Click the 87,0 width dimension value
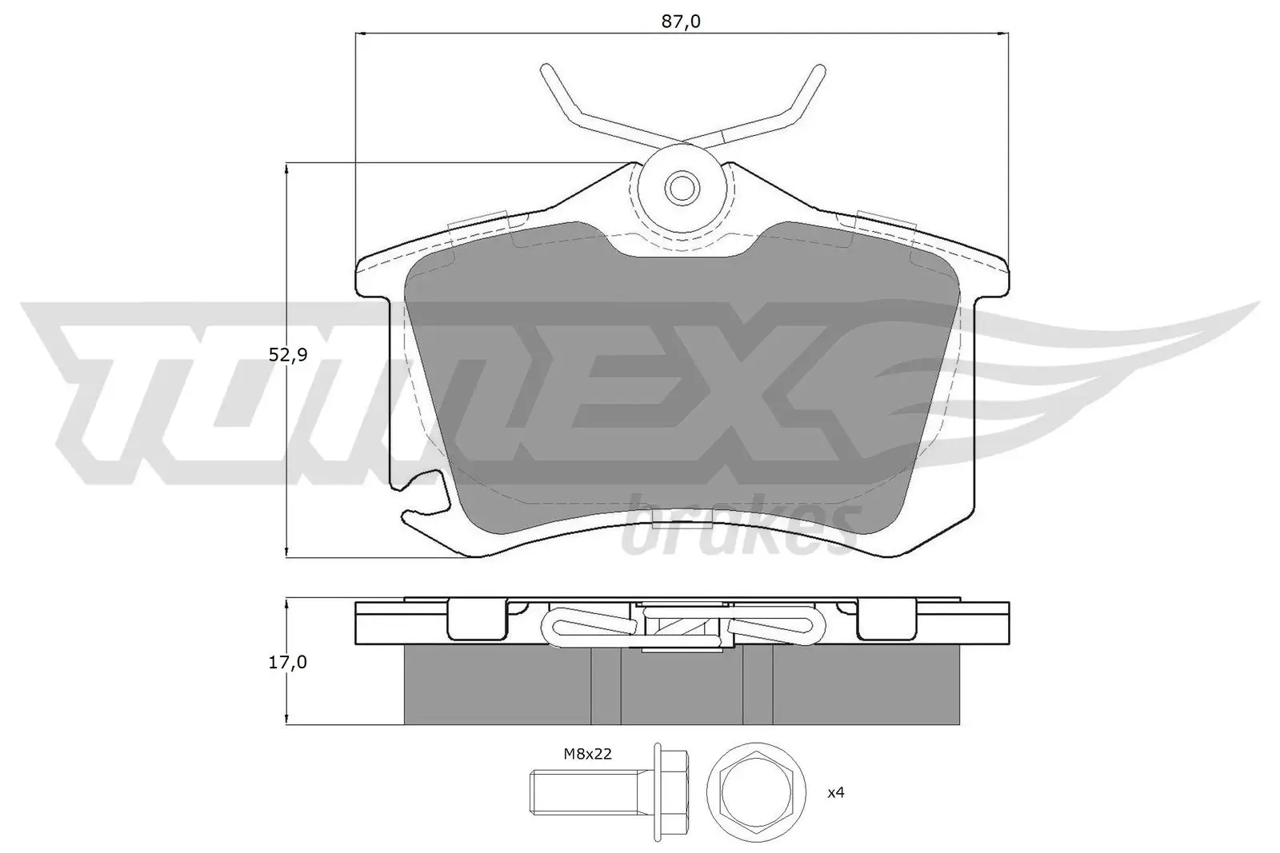(682, 22)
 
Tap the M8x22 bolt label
(588, 754)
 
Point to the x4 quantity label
(836, 792)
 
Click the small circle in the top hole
(682, 189)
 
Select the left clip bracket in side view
(477, 620)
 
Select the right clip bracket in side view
(887, 620)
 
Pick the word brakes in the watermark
(740, 532)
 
